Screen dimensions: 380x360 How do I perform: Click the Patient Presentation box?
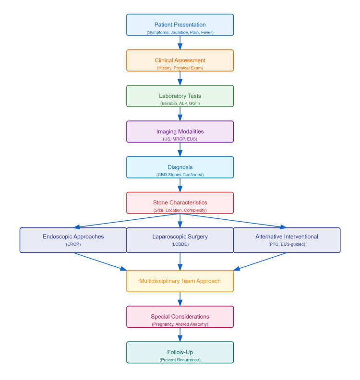pyautogui.click(x=180, y=24)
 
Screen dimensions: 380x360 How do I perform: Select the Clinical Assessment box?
pyautogui.click(x=180, y=60)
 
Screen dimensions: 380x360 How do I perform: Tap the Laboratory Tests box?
pyautogui.click(x=180, y=96)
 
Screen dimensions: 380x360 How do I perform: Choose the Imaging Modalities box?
pyautogui.click(x=180, y=131)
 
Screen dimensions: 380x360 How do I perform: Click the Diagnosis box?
pyautogui.click(x=180, y=167)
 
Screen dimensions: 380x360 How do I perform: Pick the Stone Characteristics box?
pyautogui.click(x=180, y=202)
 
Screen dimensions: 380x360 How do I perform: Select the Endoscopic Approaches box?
pyautogui.click(x=73, y=240)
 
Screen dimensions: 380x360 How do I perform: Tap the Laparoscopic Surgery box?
pyautogui.click(x=180, y=240)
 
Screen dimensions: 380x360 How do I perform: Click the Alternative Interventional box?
pyautogui.click(x=287, y=240)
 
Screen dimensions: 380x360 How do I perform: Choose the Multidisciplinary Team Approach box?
pyautogui.click(x=180, y=281)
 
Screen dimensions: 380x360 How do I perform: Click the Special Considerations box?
pyautogui.click(x=180, y=317)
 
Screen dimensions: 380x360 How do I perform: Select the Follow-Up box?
pyautogui.click(x=180, y=352)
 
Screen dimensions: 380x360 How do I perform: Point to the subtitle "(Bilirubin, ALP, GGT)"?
pyautogui.click(x=180, y=103)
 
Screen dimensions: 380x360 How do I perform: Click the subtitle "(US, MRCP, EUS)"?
pyautogui.click(x=180, y=139)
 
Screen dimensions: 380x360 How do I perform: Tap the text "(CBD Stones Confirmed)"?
pyautogui.click(x=180, y=175)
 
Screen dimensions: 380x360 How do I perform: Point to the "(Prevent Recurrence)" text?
pyautogui.click(x=180, y=359)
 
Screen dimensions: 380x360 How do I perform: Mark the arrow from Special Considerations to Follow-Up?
pyautogui.click(x=180, y=334)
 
